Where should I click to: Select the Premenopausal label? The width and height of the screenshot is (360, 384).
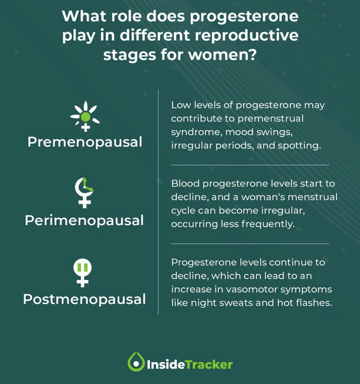point(85,142)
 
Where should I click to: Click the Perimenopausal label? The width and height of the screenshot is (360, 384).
point(84,220)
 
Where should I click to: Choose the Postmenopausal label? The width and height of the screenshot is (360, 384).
point(84,299)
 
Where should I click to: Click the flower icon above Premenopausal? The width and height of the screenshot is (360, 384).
point(85,116)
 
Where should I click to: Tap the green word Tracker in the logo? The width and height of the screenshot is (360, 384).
point(212,364)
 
